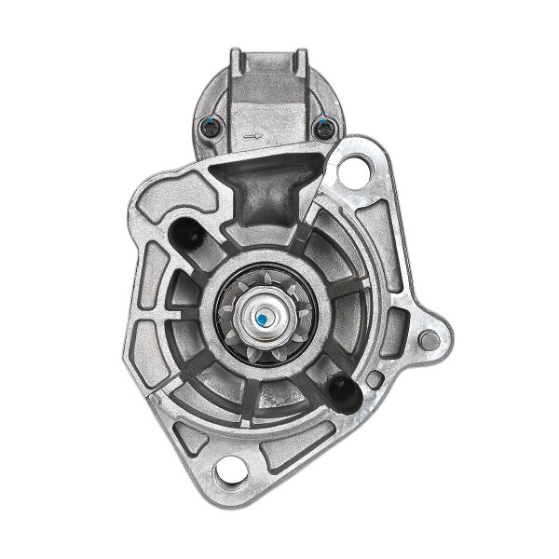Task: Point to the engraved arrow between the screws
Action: coord(250,135)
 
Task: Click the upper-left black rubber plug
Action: coord(187,235)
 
